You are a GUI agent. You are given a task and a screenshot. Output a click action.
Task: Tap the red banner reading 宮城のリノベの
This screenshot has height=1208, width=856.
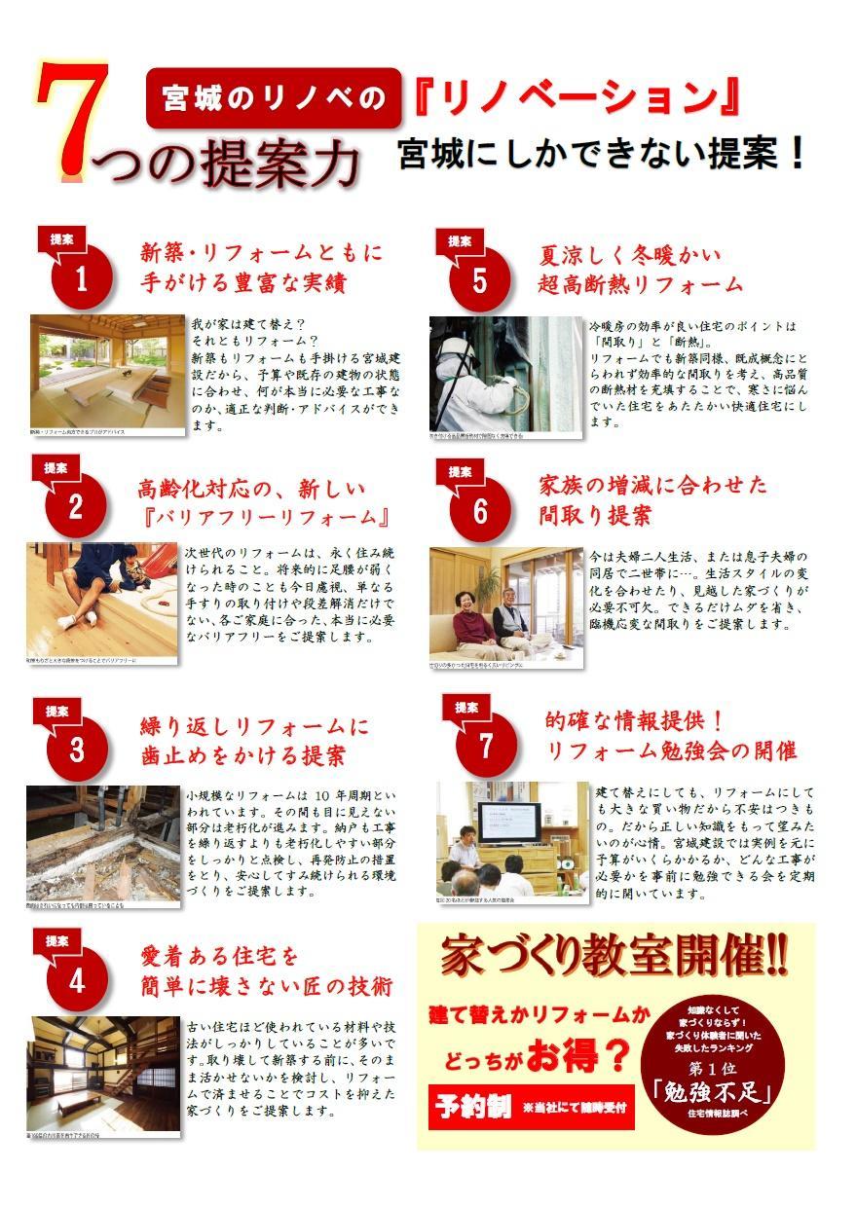(x=274, y=97)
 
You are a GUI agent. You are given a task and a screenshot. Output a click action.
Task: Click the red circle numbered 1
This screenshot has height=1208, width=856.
(x=81, y=280)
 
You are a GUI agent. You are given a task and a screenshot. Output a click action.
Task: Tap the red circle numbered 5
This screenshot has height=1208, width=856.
(x=479, y=280)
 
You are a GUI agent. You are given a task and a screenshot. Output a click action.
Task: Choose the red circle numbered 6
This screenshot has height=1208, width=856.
(x=479, y=512)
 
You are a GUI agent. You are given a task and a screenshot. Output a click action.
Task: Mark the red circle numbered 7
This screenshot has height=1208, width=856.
(x=486, y=746)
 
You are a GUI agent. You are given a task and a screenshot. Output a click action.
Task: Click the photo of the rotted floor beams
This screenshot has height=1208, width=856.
(x=103, y=842)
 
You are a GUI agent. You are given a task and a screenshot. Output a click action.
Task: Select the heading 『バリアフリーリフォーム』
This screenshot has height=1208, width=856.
(x=266, y=516)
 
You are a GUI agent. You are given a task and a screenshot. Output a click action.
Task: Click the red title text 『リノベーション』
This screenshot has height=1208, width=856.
(x=577, y=97)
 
